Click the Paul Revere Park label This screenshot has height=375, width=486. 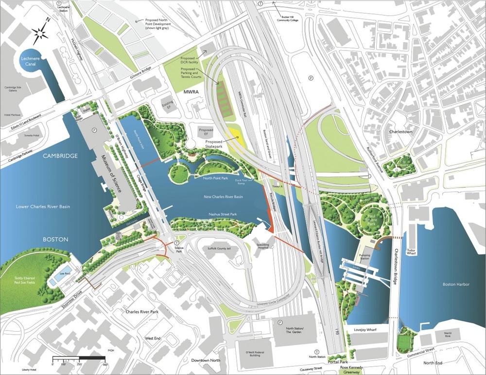click(375, 216)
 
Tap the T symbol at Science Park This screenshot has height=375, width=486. click(177, 243)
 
